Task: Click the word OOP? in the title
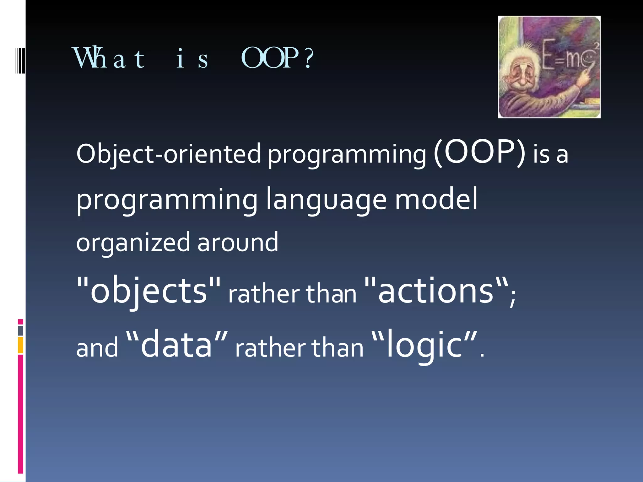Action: tap(277, 58)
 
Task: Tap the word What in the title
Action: tap(109, 58)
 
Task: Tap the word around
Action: tap(238, 242)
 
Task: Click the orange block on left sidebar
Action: tap(20, 345)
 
